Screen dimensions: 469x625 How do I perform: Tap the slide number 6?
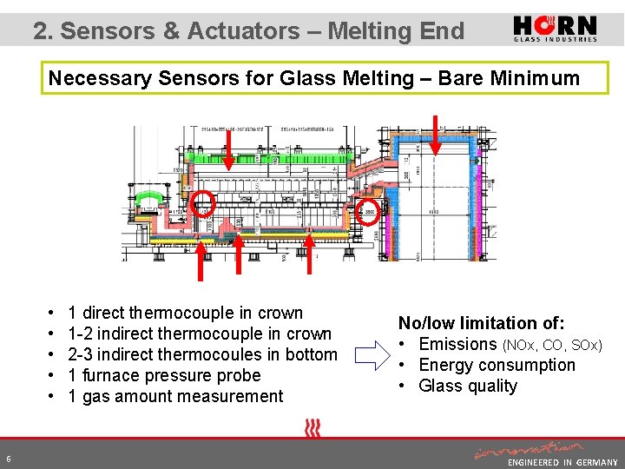(8, 459)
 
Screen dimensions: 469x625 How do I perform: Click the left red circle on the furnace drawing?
(202, 204)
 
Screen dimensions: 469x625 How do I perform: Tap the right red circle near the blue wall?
(370, 211)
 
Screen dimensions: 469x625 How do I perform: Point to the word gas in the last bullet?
(94, 396)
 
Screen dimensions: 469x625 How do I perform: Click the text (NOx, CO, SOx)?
(550, 345)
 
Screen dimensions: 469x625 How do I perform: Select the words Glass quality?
(468, 386)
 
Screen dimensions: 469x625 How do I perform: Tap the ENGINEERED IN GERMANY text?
(562, 463)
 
